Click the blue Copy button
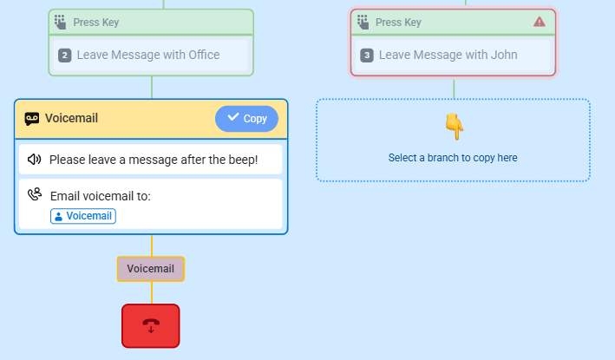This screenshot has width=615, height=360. point(246,119)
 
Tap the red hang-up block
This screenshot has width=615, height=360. point(151,326)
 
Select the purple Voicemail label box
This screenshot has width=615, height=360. point(151,269)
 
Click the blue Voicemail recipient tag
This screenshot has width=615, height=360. point(83,216)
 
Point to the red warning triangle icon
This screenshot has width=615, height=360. point(540,22)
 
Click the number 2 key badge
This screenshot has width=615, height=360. point(65,56)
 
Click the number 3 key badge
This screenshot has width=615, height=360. point(367,56)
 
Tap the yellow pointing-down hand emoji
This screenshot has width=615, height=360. point(455,127)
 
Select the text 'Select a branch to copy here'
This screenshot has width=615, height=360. point(453,158)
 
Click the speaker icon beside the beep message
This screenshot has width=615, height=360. point(34,160)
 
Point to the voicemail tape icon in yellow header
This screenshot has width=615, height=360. point(32,119)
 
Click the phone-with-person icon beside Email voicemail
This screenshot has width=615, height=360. point(35,194)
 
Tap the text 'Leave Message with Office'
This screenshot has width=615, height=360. point(148,55)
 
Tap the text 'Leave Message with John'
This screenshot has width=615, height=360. point(448,55)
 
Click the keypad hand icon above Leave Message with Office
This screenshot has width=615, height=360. point(60,22)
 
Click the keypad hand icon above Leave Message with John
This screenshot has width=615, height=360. point(363,22)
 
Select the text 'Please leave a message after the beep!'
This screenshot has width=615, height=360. point(154,160)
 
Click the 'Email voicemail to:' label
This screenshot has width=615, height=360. point(101,196)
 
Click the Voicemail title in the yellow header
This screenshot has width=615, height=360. point(71,118)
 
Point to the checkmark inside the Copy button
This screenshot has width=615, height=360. point(233,117)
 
